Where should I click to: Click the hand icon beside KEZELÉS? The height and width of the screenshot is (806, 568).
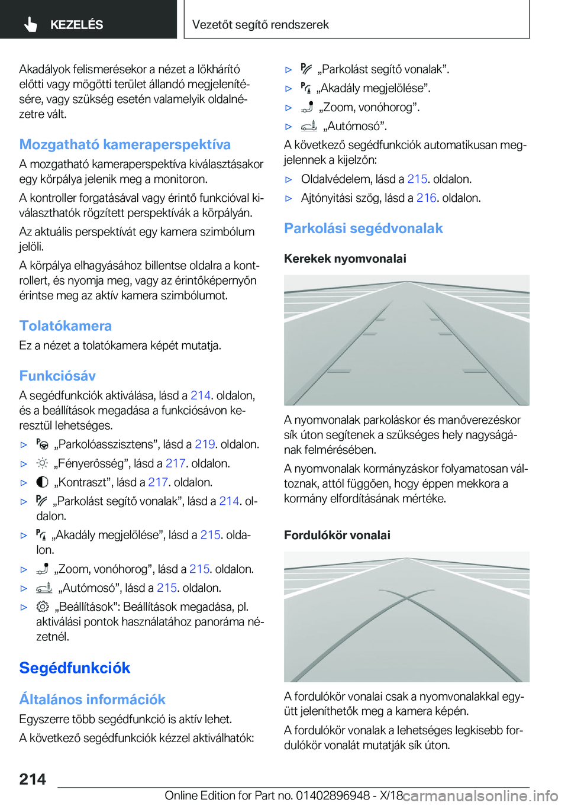click(x=31, y=24)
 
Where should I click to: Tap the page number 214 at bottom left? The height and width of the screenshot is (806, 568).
click(x=33, y=779)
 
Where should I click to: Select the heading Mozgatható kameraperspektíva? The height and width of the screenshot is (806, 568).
click(x=125, y=144)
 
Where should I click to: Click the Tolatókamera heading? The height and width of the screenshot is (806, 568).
click(x=65, y=325)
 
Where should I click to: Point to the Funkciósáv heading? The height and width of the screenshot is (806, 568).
click(x=57, y=376)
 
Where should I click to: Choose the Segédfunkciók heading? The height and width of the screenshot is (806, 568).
click(x=75, y=668)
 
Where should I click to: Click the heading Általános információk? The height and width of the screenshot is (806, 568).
click(x=92, y=699)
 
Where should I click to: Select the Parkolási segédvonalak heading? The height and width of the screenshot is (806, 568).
click(x=363, y=228)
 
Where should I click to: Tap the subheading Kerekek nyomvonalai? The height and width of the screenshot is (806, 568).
click(x=345, y=258)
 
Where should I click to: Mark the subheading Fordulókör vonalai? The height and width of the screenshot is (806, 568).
click(x=337, y=535)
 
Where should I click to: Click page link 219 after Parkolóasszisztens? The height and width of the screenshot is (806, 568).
click(x=205, y=444)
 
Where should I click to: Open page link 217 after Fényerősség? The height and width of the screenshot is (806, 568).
click(x=175, y=463)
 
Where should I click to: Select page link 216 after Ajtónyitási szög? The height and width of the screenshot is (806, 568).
click(x=426, y=198)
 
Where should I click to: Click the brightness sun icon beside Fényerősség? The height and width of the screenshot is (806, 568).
click(x=42, y=463)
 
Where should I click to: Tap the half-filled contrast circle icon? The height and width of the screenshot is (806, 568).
click(x=42, y=482)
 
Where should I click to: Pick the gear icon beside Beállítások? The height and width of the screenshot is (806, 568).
click(x=43, y=607)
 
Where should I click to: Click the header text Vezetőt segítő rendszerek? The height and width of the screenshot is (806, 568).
click(x=260, y=24)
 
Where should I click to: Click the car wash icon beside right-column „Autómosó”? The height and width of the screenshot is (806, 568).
click(x=309, y=125)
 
